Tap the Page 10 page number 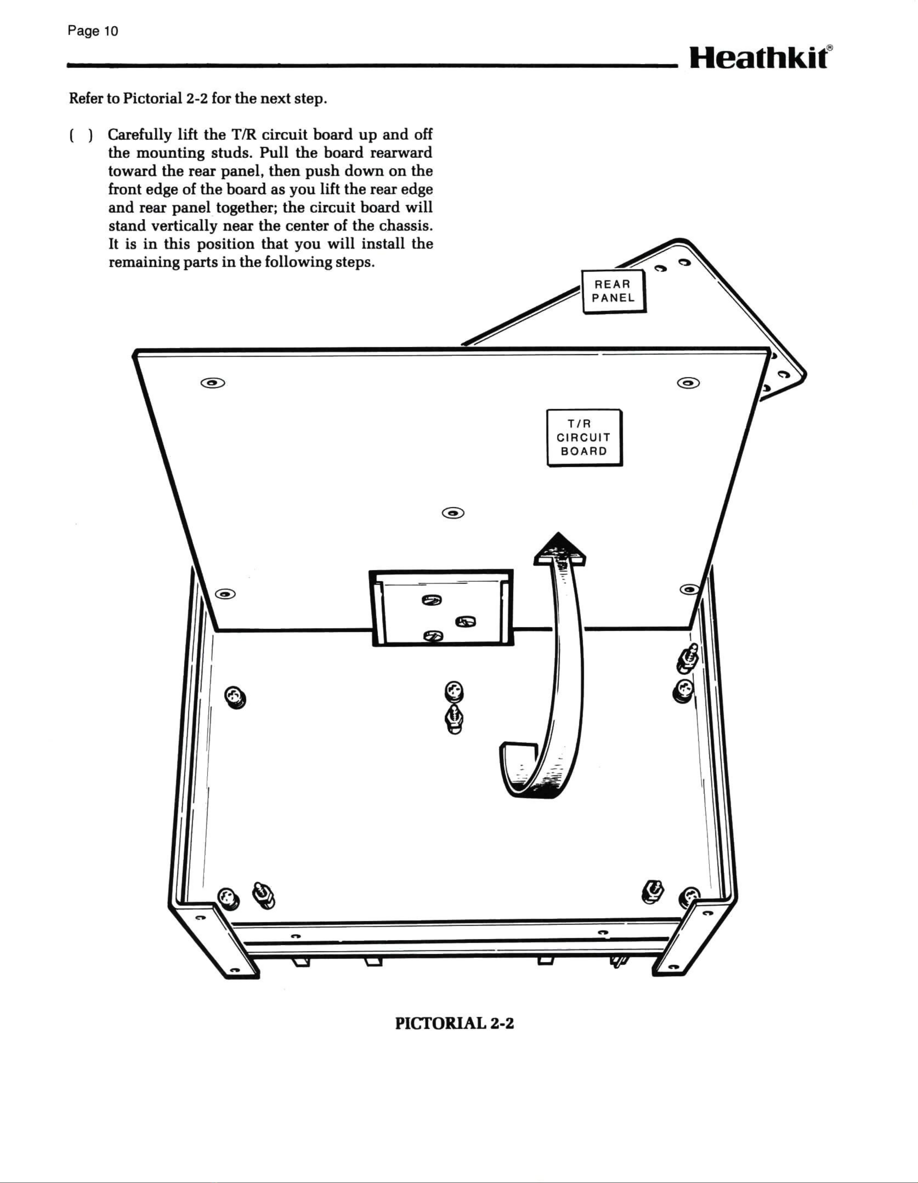92,31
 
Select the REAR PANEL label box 614,291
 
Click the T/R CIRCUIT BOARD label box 584,438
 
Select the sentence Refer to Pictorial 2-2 198,99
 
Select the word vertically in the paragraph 184,225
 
